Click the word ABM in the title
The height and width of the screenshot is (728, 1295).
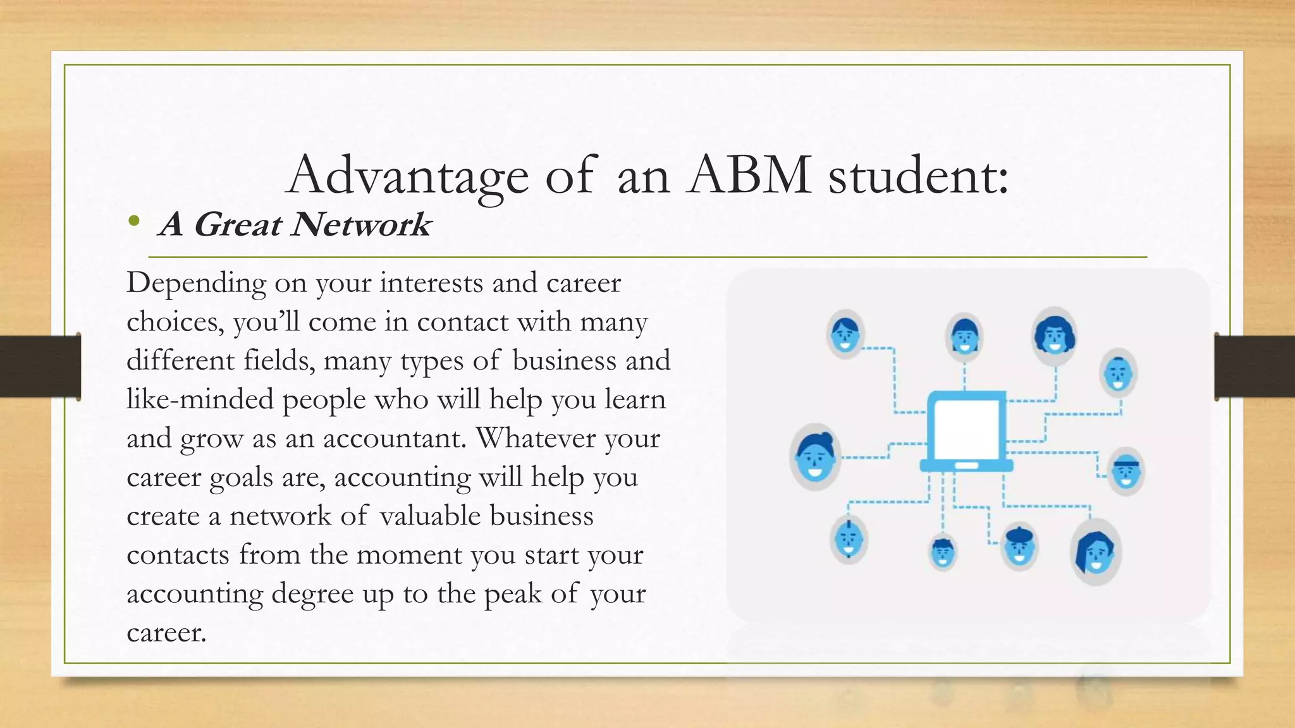[749, 174]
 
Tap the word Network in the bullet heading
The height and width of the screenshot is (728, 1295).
[360, 224]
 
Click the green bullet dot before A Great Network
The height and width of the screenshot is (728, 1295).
[133, 221]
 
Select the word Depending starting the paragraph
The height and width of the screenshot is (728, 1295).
[196, 282]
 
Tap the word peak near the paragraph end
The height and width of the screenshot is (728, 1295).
[512, 593]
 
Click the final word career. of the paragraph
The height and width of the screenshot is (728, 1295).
[166, 633]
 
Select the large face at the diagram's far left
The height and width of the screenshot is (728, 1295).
[815, 456]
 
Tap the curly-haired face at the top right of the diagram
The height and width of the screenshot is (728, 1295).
[1055, 335]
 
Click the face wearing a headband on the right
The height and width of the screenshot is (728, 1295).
[1126, 471]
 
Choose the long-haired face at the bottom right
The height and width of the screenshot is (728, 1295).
[1095, 552]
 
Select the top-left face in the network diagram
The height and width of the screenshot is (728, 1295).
[845, 334]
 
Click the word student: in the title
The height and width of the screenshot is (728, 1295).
[918, 174]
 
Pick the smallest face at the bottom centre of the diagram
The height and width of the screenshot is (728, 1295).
[942, 552]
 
